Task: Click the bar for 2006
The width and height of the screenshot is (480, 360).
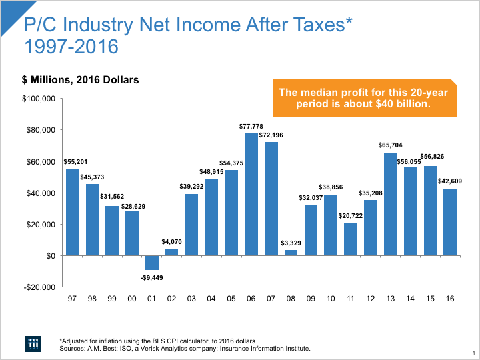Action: [251, 194]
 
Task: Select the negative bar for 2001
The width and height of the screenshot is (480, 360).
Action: [152, 263]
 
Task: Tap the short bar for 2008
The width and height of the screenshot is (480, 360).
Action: [291, 253]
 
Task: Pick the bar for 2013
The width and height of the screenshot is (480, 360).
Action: [391, 204]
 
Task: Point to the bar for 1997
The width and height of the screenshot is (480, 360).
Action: [72, 212]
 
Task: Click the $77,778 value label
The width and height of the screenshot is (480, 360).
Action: [251, 126]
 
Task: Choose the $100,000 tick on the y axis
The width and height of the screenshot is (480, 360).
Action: [39, 99]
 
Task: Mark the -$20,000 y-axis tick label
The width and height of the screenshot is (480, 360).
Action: [39, 287]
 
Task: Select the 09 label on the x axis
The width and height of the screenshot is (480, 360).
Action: [311, 299]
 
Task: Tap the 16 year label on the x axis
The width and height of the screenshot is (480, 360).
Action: [451, 299]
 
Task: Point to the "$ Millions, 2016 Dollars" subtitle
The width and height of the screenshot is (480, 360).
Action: [81, 79]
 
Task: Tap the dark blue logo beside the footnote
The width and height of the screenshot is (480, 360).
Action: [34, 343]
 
